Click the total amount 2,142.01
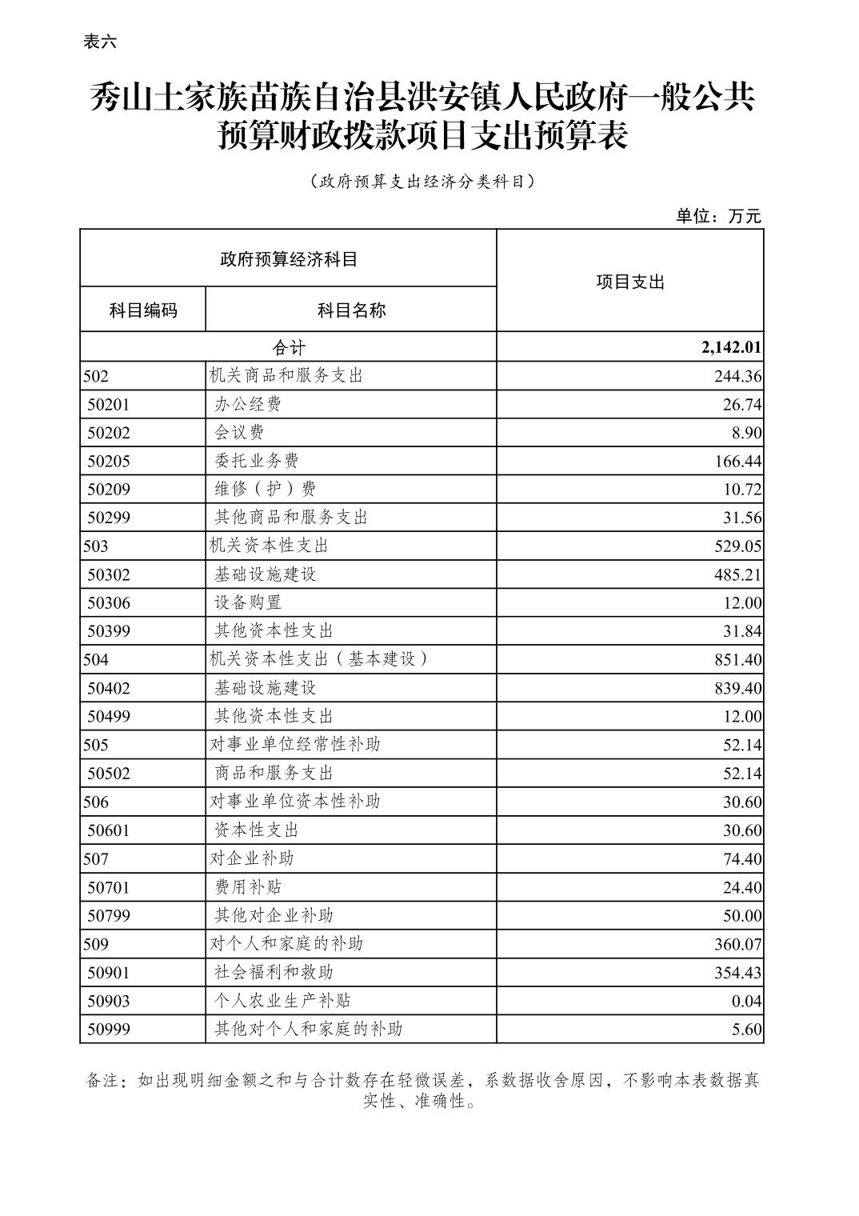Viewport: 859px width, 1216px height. tap(731, 347)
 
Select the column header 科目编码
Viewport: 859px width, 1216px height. tap(143, 310)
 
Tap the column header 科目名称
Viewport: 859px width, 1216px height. tap(351, 310)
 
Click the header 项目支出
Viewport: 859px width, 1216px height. tap(630, 282)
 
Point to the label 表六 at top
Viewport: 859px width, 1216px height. tap(100, 42)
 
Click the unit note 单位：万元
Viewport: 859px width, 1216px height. tap(718, 216)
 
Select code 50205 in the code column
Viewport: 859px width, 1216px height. tap(109, 462)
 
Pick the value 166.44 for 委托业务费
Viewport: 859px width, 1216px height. tap(737, 462)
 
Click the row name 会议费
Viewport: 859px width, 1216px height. tap(239, 433)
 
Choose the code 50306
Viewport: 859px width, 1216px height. tap(109, 603)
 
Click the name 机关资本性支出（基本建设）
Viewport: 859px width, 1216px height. tap(319, 659)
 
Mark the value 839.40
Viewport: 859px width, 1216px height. tap(737, 688)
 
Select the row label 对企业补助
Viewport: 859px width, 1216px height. tap(252, 858)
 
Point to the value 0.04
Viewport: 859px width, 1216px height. tap(747, 1001)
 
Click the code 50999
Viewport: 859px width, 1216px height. tap(109, 1030)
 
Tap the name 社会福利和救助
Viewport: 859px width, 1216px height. tap(274, 972)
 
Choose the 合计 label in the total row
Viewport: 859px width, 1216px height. tap(289, 347)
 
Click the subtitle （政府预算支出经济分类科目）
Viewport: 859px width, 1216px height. tap(422, 182)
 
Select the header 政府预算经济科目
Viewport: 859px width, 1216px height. tap(288, 259)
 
